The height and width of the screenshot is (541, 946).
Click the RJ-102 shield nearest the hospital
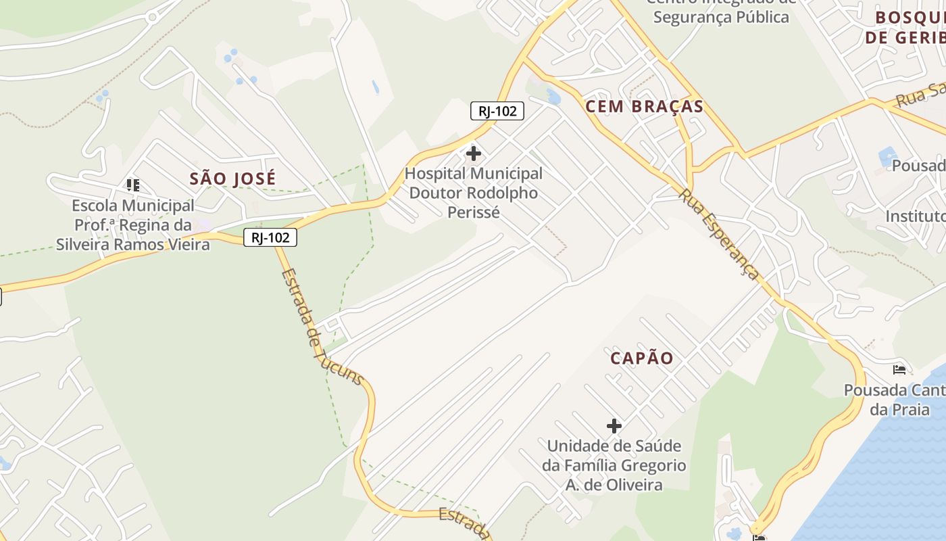pos(497,112)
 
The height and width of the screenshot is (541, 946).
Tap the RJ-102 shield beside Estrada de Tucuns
pos(270,237)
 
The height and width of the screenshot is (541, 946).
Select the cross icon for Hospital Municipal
pos(474,154)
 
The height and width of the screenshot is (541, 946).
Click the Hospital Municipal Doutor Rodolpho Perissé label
pos(473,193)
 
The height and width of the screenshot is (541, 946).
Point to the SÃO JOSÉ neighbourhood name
pos(232,179)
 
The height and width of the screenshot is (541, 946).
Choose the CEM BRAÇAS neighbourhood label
pos(644,107)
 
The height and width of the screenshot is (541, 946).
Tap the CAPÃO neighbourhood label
pos(642,358)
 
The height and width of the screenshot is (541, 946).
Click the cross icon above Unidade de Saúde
pos(614,426)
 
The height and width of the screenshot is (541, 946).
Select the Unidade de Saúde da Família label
pos(614,465)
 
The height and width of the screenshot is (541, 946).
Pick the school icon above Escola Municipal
pos(133,185)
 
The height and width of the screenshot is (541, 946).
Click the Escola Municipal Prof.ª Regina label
pos(133,225)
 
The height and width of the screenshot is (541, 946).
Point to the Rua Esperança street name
pos(719,233)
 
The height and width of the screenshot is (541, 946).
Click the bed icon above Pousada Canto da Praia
pos(899,369)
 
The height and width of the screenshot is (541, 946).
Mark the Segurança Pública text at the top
pos(720,16)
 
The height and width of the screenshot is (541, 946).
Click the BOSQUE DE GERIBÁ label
pos(905,27)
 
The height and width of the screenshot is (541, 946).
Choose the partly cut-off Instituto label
pos(916,216)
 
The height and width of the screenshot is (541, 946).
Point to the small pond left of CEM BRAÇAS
pos(553,97)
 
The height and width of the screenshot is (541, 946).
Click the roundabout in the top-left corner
pos(153,17)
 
